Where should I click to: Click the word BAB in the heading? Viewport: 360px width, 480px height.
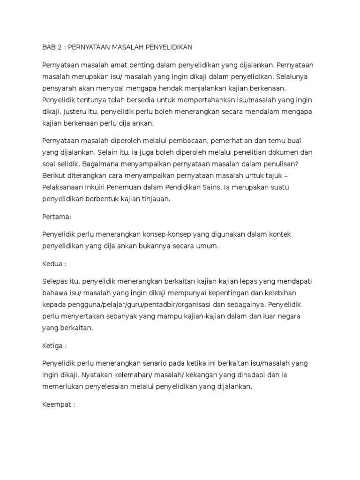(x=49, y=47)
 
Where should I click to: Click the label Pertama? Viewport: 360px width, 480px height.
(x=56, y=217)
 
